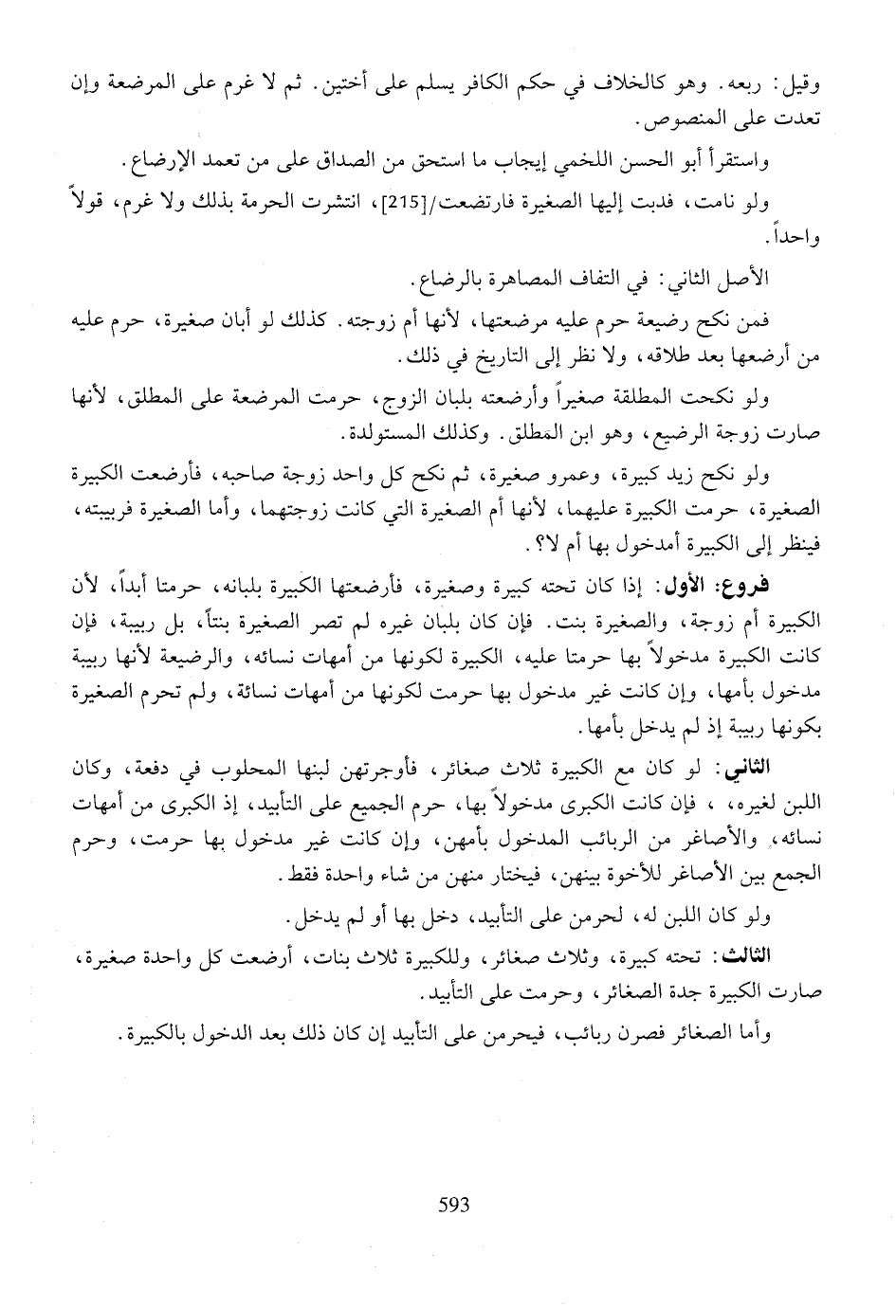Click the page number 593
(x=454, y=1205)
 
